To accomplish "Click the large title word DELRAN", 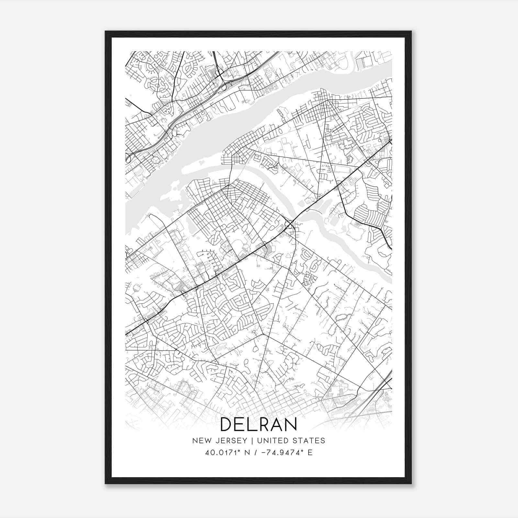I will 259,424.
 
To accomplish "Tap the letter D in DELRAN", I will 226,424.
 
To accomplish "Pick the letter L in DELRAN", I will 252,424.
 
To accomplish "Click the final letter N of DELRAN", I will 291,424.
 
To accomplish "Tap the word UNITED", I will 273,441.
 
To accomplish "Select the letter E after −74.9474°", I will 310,453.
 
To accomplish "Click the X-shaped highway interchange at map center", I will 290,224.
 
